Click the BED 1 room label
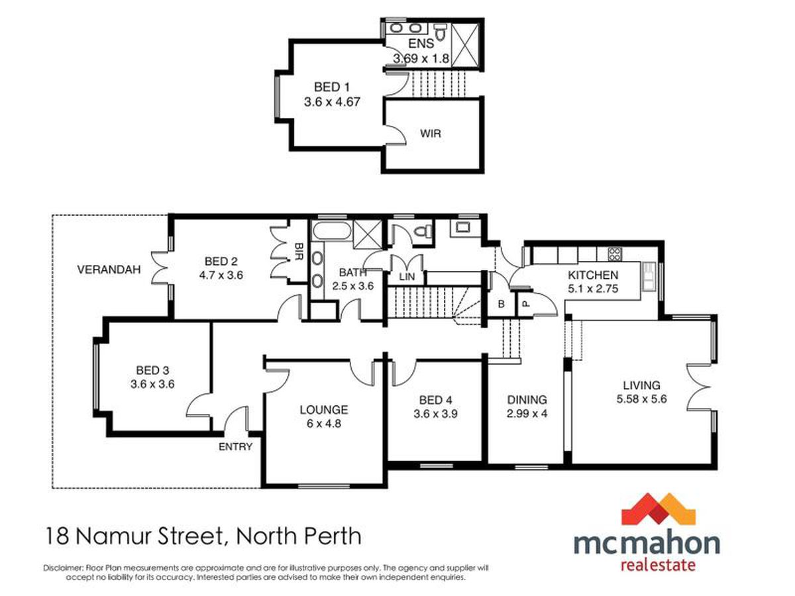tap(332, 87)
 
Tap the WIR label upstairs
tap(431, 134)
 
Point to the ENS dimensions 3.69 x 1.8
tap(421, 58)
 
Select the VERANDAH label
tap(109, 270)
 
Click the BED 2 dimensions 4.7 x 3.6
tap(221, 275)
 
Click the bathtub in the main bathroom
tap(332, 230)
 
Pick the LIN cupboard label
tap(407, 277)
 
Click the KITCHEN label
tap(593, 275)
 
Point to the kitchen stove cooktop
tap(615, 254)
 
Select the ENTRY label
tap(235, 447)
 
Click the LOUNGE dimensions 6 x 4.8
tap(324, 423)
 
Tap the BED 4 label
tap(436, 400)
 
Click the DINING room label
tap(527, 399)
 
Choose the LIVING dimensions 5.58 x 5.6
tap(641, 399)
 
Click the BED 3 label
tap(152, 370)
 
